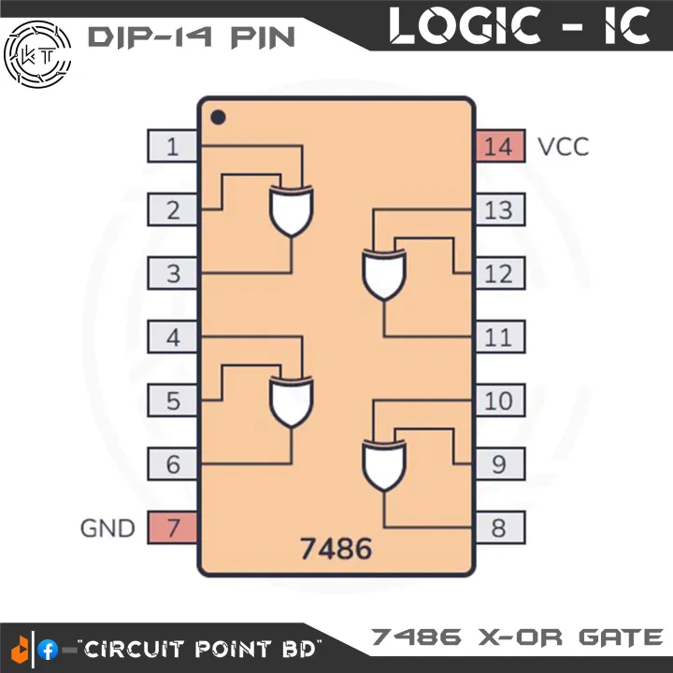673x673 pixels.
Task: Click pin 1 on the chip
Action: [173, 147]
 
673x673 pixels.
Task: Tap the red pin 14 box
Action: [499, 147]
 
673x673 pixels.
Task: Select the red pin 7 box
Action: [173, 528]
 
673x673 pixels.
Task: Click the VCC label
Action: [564, 147]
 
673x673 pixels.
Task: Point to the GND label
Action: [107, 528]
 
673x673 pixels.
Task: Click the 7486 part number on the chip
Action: [336, 548]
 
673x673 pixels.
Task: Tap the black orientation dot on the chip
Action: [218, 118]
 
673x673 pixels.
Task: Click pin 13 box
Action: [499, 210]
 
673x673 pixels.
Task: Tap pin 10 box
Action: [499, 401]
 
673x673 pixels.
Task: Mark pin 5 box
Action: [173, 401]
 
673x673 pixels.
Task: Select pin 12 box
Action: [499, 274]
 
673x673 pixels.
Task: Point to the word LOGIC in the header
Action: [466, 26]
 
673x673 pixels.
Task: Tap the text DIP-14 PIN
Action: [191, 37]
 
